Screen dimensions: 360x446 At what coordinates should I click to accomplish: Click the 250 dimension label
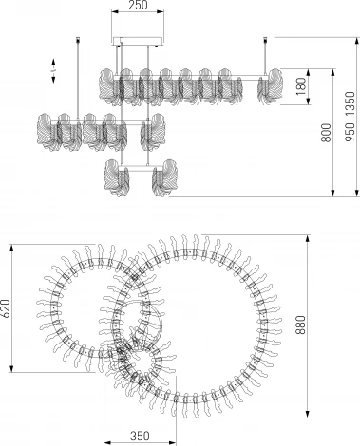click(x=139, y=5)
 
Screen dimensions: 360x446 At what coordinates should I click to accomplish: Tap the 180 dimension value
click(x=301, y=86)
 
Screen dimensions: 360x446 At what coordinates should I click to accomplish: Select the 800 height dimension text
click(x=326, y=133)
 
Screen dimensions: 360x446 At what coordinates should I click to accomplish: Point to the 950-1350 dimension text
click(x=351, y=117)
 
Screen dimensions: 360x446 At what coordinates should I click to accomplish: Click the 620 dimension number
click(x=6, y=307)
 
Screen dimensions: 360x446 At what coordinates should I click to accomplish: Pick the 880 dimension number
click(x=300, y=325)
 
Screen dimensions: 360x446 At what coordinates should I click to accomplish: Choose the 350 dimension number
click(x=140, y=436)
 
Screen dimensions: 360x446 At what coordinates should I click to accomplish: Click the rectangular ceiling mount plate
click(x=138, y=42)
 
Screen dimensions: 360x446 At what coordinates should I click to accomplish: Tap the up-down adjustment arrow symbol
click(x=53, y=71)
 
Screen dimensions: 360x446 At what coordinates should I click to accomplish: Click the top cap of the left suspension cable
click(x=78, y=39)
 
